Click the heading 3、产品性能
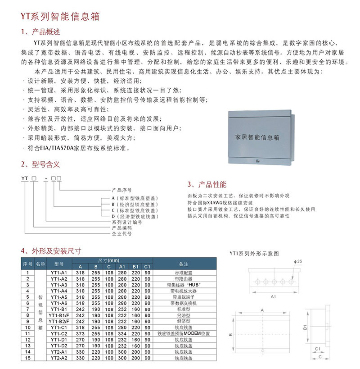(x=207, y=184)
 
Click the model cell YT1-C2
(x=58, y=333)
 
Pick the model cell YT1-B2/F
(x=58, y=321)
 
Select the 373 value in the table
(x=80, y=333)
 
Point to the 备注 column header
(x=183, y=264)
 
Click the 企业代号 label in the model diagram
(x=121, y=234)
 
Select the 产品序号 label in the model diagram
(x=121, y=191)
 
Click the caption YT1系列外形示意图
(x=255, y=253)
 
